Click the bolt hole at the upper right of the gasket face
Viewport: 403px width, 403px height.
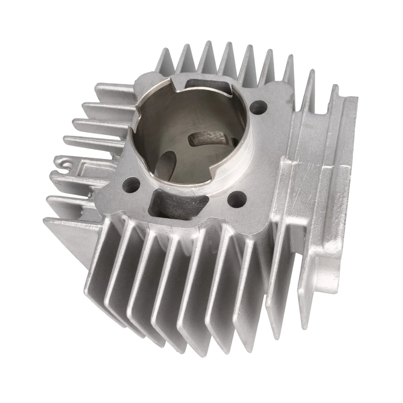257,107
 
